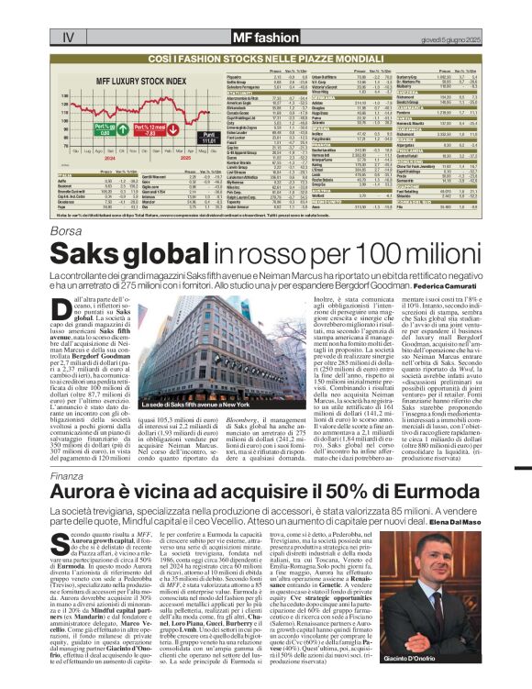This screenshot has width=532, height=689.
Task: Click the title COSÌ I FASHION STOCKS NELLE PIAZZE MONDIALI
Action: point(266,58)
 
